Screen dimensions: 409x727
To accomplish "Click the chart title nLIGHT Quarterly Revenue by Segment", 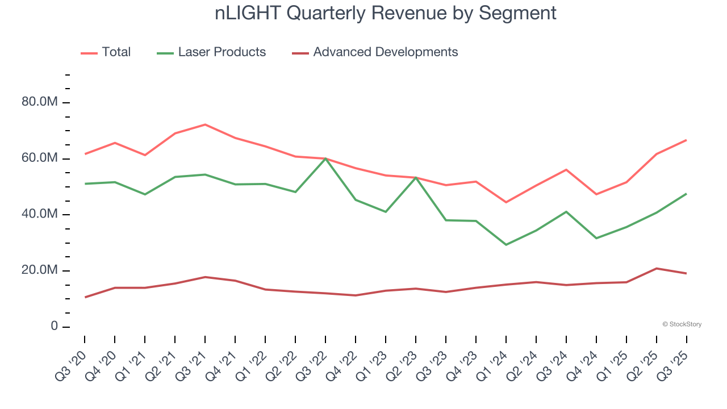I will pyautogui.click(x=386, y=13).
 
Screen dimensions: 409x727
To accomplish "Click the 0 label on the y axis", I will pyautogui.click(x=54, y=327).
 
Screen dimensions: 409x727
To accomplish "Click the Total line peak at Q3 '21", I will pyautogui.click(x=205, y=124).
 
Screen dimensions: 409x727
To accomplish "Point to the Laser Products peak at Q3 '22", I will pyautogui.click(x=325, y=158).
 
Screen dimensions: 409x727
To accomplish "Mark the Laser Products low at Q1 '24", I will pyautogui.click(x=506, y=244).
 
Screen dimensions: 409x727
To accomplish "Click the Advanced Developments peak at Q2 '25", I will pyautogui.click(x=657, y=268).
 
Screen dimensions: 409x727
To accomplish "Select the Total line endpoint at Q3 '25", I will pyautogui.click(x=686, y=140).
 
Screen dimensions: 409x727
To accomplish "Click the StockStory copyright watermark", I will pyautogui.click(x=682, y=324).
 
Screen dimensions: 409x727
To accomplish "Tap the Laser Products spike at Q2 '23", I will pyautogui.click(x=416, y=177).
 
